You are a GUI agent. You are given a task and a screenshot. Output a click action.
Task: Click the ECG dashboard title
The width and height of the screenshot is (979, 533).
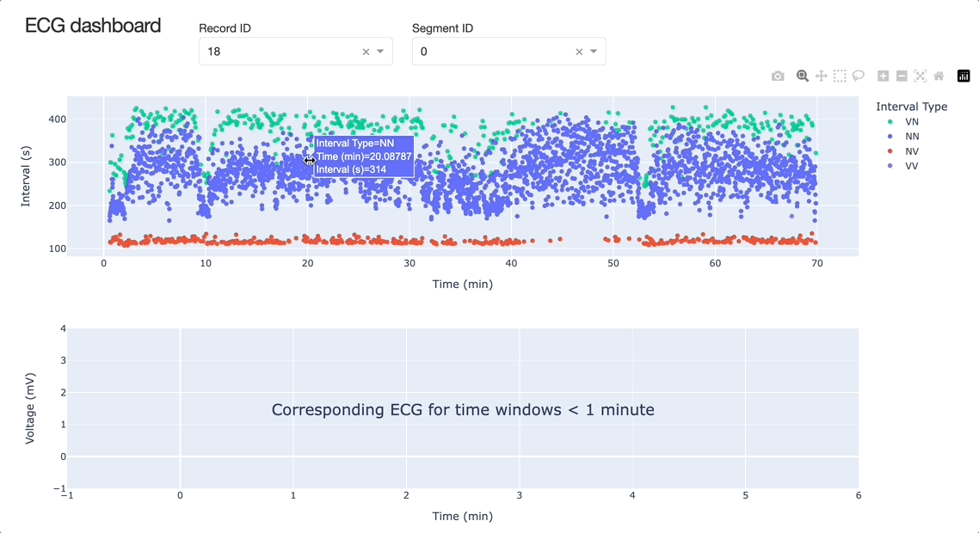pyautogui.click(x=93, y=26)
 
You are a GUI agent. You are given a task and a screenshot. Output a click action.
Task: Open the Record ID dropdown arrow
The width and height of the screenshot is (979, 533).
pyautogui.click(x=380, y=52)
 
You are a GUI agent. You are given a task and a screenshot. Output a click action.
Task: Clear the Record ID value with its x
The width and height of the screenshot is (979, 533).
pyautogui.click(x=366, y=52)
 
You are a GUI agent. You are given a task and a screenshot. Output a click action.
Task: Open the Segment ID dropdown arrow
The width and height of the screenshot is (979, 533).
pyautogui.click(x=594, y=52)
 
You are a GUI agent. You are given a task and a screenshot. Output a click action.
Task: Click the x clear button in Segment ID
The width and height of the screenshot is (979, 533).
pyautogui.click(x=579, y=52)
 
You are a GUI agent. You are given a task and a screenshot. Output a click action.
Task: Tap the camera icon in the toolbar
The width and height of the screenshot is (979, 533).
pyautogui.click(x=778, y=77)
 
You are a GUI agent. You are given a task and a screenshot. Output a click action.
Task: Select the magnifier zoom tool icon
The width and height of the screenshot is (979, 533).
pyautogui.click(x=803, y=77)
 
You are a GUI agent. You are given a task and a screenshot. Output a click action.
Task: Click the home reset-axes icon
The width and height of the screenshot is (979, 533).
pyautogui.click(x=939, y=77)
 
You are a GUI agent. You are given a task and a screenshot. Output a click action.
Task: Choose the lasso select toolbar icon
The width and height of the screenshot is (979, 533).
pyautogui.click(x=859, y=77)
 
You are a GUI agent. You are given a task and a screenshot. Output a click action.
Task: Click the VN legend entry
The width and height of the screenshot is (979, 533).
pyautogui.click(x=911, y=122)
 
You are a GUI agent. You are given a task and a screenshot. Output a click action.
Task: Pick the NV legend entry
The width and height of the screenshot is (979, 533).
pyautogui.click(x=911, y=151)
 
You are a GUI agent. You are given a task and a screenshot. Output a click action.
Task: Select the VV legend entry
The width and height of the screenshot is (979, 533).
pyautogui.click(x=911, y=166)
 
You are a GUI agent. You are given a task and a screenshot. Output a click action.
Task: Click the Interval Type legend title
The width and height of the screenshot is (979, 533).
pyautogui.click(x=911, y=107)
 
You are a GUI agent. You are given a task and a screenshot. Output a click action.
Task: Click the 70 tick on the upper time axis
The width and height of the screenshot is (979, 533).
pyautogui.click(x=817, y=264)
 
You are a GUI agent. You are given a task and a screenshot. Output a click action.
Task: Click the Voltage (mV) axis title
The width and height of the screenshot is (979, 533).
pyautogui.click(x=30, y=408)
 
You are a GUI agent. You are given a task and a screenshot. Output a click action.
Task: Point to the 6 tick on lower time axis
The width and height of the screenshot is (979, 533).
pyautogui.click(x=859, y=495)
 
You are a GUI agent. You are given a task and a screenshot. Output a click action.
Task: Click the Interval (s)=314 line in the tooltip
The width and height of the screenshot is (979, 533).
pyautogui.click(x=351, y=170)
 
